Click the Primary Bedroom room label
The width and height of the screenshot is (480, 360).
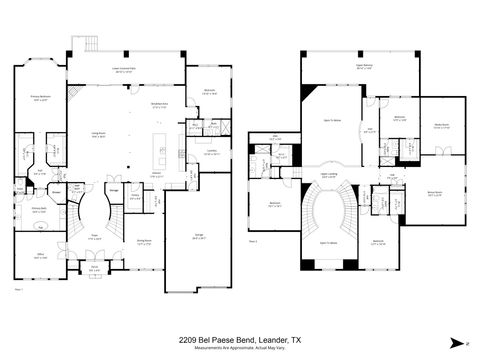39,98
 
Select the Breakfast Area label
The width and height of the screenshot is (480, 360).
158,103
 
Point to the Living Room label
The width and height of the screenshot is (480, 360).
100,134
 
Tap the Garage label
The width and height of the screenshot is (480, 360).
197,238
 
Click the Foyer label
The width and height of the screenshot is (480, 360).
93,238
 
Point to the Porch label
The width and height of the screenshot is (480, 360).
94,267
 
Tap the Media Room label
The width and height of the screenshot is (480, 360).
442,125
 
